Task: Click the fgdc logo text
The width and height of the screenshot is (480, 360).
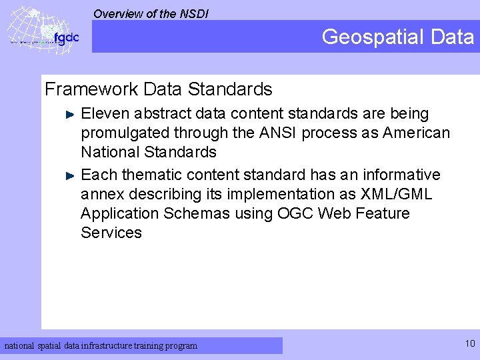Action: click(66, 39)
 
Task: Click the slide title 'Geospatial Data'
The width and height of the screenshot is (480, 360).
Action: click(397, 37)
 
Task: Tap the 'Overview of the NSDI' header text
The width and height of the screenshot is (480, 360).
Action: click(151, 13)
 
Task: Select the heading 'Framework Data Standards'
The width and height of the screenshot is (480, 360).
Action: click(158, 89)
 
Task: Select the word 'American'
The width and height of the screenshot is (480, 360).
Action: click(416, 133)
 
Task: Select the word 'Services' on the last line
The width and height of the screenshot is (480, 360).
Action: click(111, 233)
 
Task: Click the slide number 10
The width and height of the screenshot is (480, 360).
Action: click(470, 344)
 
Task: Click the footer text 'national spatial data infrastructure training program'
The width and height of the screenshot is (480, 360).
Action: click(101, 346)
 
